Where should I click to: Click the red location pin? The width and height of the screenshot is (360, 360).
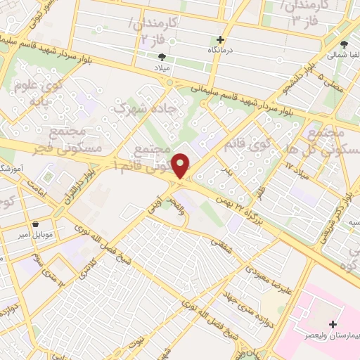click(x=181, y=166)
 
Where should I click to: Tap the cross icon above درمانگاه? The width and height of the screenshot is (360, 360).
click(x=221, y=40)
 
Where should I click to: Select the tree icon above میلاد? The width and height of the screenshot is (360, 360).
click(x=162, y=56)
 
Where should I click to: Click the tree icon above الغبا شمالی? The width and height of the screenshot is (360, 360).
click(x=343, y=44)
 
